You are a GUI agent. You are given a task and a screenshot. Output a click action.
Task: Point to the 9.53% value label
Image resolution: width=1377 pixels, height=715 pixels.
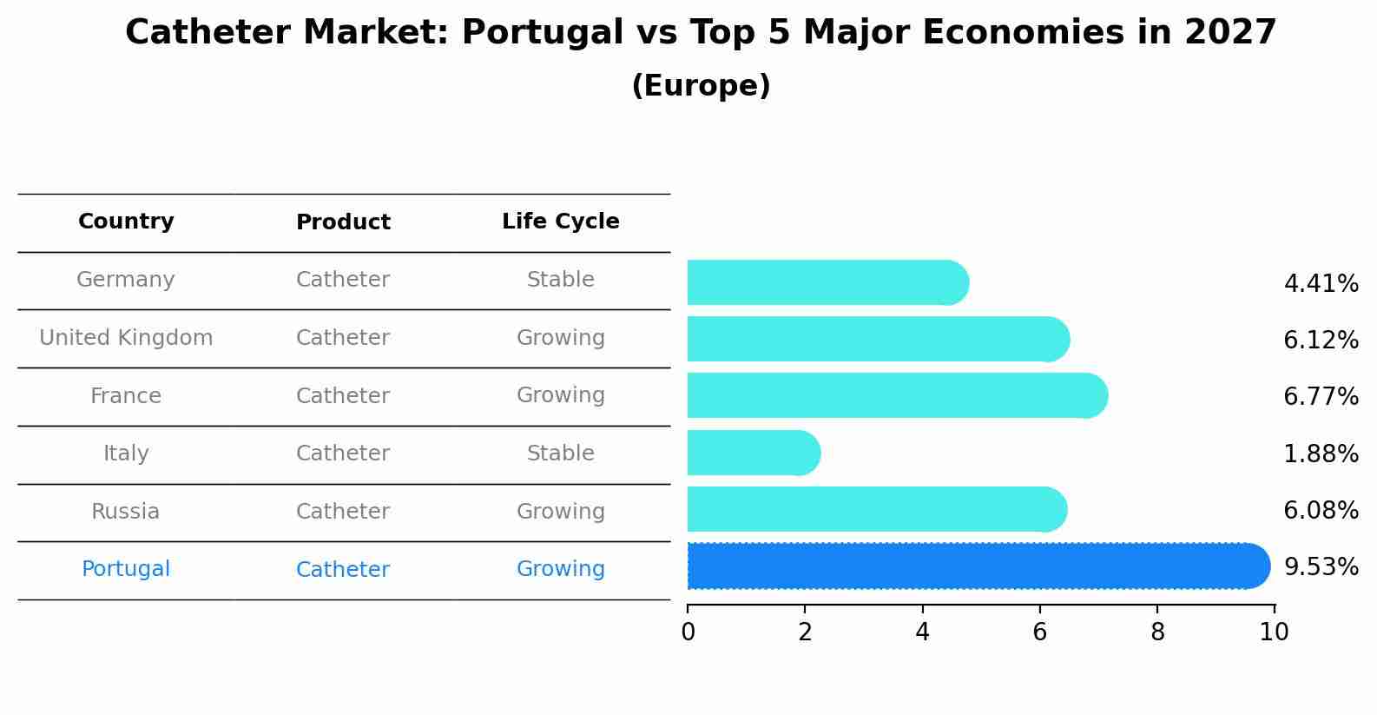pyautogui.click(x=1321, y=567)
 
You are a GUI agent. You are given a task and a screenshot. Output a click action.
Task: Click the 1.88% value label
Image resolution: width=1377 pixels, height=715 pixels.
pyautogui.click(x=1321, y=453)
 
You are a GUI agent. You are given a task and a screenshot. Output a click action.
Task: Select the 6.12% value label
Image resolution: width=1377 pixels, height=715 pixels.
pyautogui.click(x=1321, y=340)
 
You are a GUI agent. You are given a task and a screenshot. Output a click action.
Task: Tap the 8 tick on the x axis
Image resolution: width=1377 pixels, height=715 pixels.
pyautogui.click(x=1156, y=632)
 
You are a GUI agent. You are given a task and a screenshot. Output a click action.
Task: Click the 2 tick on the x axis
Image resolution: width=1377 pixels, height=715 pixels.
pyautogui.click(x=805, y=632)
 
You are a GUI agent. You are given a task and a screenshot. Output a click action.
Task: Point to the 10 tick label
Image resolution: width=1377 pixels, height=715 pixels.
pyautogui.click(x=1274, y=632)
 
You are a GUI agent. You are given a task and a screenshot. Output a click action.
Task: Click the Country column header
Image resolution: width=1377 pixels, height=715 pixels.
pyautogui.click(x=126, y=222)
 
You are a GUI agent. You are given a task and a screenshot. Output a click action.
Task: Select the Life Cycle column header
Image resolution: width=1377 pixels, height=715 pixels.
pyautogui.click(x=560, y=222)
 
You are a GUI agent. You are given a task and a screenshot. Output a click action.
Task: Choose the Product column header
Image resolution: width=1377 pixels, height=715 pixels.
pyautogui.click(x=343, y=222)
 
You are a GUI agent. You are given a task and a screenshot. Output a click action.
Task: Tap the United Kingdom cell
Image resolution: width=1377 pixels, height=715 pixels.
pyautogui.click(x=126, y=338)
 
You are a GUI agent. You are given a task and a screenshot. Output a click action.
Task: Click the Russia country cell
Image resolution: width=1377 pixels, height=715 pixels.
pyautogui.click(x=126, y=512)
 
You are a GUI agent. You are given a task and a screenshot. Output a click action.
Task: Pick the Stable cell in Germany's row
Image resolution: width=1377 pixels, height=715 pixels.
pyautogui.click(x=560, y=280)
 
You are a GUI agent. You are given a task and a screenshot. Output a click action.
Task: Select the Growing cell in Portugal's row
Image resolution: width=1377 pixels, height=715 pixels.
pyautogui.click(x=560, y=569)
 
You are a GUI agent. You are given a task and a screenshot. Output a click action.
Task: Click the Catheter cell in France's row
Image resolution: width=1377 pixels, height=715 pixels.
pyautogui.click(x=343, y=396)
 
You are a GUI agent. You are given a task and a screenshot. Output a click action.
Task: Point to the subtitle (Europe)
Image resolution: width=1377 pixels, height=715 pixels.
pyautogui.click(x=701, y=86)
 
